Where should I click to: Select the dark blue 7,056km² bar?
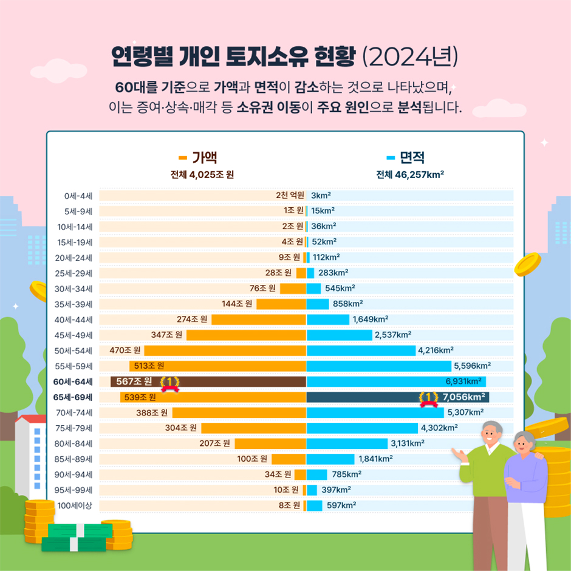click(x=364, y=397)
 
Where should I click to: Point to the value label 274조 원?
click(x=192, y=319)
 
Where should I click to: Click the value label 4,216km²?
click(x=436, y=350)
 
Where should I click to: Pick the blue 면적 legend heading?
click(x=405, y=158)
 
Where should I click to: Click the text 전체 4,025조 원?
click(x=202, y=175)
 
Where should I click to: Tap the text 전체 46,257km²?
click(x=410, y=175)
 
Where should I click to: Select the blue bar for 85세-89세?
click(x=330, y=459)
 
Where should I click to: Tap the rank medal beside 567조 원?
click(x=169, y=383)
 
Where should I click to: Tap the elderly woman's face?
click(x=522, y=448)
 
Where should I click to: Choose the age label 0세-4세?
click(x=78, y=196)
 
